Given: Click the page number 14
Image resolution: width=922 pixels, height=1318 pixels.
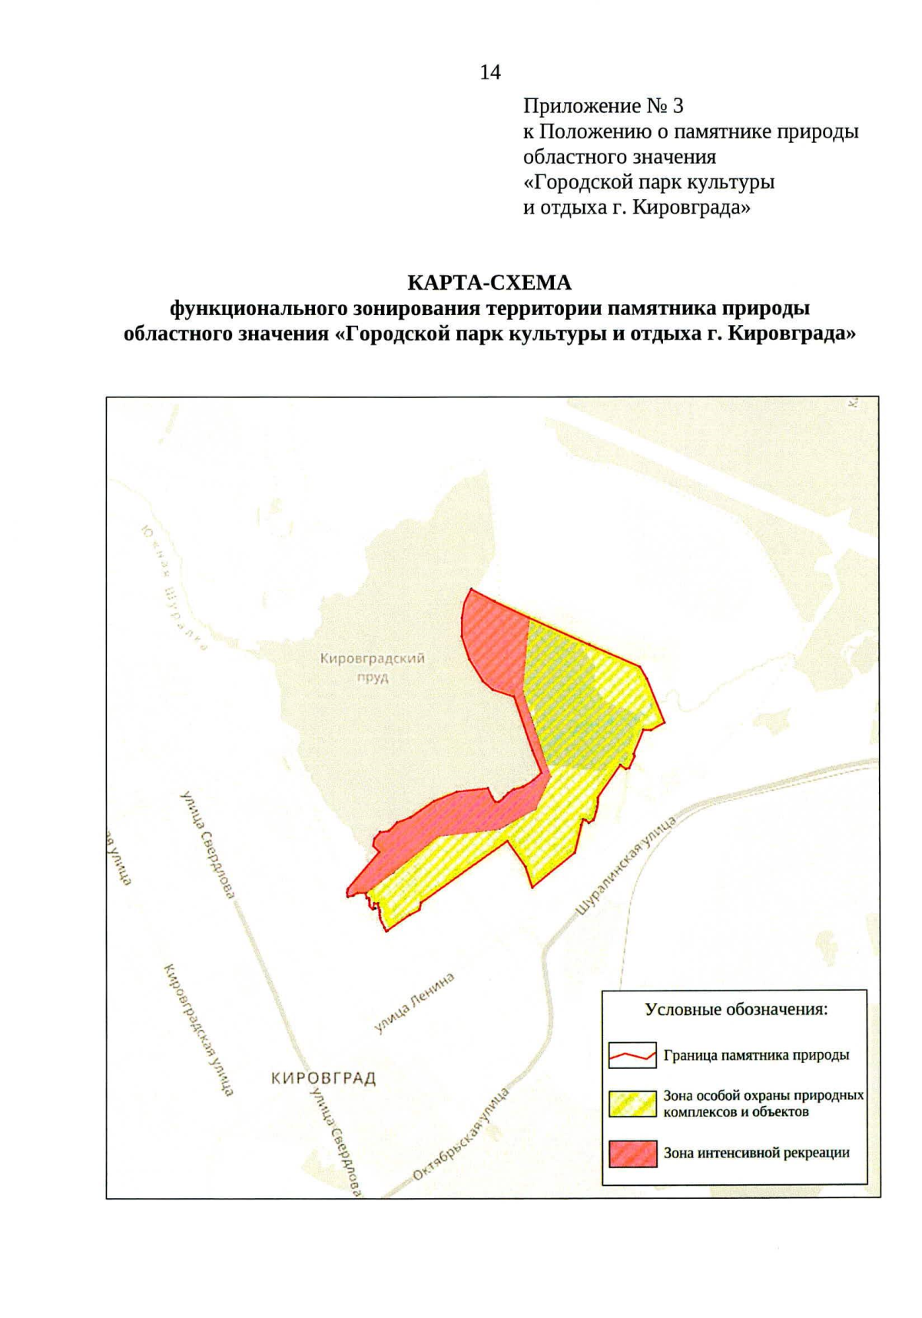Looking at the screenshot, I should (490, 72).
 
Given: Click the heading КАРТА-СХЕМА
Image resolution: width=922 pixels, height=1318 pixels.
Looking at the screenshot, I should (489, 283).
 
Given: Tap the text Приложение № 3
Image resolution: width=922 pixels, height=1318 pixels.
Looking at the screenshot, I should (603, 105).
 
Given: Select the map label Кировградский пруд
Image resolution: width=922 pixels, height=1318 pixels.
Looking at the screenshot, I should (373, 667).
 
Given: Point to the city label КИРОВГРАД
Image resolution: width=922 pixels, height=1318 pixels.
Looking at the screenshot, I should (323, 1078).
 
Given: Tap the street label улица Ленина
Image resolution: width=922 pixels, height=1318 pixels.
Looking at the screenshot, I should (414, 1002).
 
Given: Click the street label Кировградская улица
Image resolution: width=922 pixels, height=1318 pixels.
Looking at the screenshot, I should (199, 1028).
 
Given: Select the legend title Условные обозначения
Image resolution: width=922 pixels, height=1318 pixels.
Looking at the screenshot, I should (736, 1009).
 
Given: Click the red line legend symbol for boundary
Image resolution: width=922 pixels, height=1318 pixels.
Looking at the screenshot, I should (632, 1055).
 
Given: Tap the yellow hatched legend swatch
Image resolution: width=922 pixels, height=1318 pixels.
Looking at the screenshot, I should (632, 1104).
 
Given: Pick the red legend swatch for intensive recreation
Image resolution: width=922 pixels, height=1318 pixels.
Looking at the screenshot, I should (632, 1153).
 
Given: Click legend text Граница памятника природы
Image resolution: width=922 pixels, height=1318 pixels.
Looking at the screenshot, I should (756, 1055).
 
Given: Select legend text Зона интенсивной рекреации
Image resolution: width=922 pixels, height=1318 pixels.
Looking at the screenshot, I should (756, 1153).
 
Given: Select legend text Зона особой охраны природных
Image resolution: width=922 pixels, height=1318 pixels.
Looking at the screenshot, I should (763, 1095).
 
